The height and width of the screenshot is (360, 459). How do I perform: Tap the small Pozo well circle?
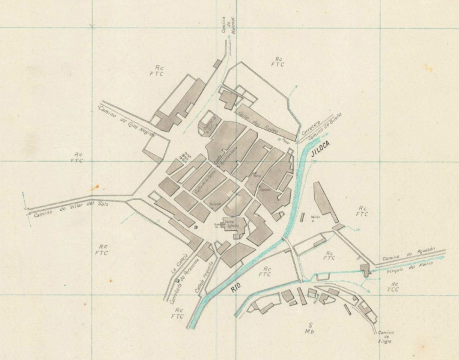pyautogui.click(x=280, y=139)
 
